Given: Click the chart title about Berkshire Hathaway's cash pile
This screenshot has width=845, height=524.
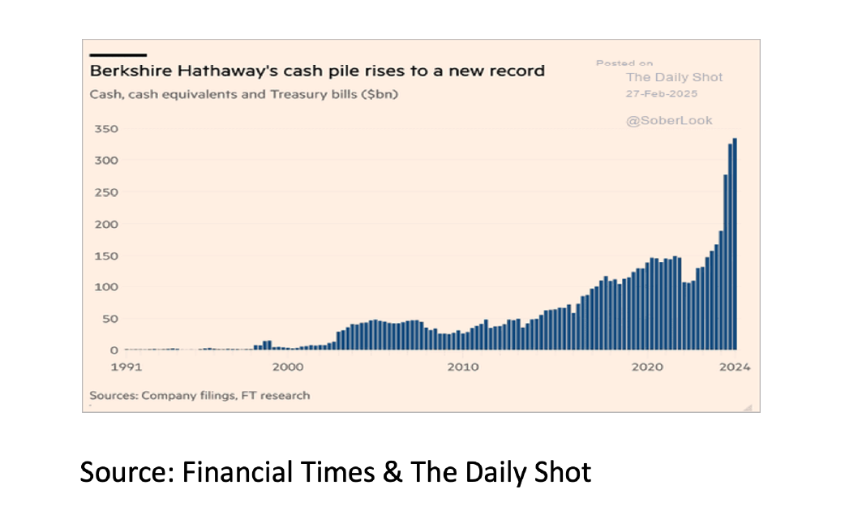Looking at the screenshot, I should [x=316, y=71].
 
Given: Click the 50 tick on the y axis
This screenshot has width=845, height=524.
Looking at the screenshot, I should [x=110, y=319].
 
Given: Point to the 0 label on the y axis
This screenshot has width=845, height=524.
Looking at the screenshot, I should [x=114, y=350].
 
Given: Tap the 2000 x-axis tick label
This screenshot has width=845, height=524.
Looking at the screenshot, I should [x=289, y=367].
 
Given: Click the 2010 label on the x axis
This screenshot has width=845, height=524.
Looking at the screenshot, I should [x=462, y=367].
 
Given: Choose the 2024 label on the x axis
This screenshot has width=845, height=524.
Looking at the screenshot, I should [x=735, y=367].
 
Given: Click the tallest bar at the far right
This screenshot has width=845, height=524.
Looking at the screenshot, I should [x=735, y=243].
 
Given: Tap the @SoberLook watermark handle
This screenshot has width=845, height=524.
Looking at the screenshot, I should [x=669, y=120].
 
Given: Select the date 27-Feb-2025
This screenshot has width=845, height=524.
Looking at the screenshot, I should [x=662, y=93].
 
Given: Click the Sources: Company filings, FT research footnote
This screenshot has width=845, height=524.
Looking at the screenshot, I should [x=199, y=396].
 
